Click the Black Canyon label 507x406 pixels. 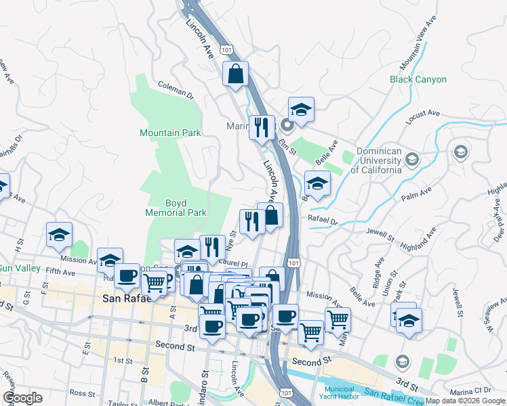(x=418, y=79)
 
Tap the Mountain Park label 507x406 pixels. (x=170, y=133)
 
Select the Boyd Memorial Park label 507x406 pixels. (x=176, y=208)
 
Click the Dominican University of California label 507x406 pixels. (x=376, y=161)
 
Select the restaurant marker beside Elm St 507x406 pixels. (x=262, y=127)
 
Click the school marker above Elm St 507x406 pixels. (x=301, y=110)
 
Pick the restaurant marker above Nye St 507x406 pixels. (x=251, y=221)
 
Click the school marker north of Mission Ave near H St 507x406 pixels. (x=60, y=235)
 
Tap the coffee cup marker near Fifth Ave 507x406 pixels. (x=127, y=275)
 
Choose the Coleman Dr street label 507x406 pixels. (x=176, y=91)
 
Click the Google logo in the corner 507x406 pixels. (x=22, y=398)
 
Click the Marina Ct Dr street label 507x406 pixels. (x=473, y=390)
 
